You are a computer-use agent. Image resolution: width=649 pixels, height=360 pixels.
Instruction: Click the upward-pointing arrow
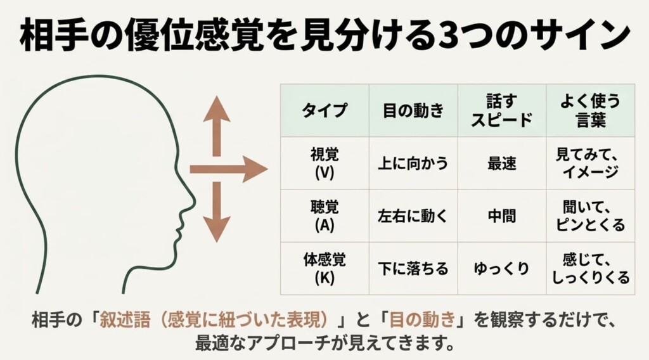tap(217, 126)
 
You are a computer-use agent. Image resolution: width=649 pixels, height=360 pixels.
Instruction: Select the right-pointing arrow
tap(228, 169)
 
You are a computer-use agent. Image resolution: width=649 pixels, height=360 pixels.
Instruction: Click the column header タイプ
tap(324, 110)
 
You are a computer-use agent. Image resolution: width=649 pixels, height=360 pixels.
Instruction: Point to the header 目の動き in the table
tap(413, 110)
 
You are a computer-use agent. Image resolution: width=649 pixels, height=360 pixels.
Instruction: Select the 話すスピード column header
tap(502, 110)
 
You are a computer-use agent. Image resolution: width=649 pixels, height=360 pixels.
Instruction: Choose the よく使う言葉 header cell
tap(590, 110)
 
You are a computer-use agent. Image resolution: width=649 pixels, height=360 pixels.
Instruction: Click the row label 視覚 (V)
tap(324, 164)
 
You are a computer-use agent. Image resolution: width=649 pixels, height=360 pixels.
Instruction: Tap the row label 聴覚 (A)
tap(324, 216)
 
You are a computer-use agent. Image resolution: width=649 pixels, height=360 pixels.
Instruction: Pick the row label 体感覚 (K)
tap(324, 269)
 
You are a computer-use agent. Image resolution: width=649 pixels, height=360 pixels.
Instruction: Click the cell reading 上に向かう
tap(413, 164)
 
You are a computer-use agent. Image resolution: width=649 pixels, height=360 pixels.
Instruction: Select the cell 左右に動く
tap(413, 216)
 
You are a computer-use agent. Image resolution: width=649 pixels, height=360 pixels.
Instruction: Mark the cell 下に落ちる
tap(413, 269)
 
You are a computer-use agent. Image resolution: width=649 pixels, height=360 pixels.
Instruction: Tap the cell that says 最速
tap(502, 164)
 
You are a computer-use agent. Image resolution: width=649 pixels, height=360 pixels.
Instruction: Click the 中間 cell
tap(502, 216)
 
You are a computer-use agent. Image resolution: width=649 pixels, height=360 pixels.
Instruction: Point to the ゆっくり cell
tap(502, 269)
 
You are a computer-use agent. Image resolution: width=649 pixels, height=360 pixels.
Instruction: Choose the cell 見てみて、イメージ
tap(590, 164)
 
